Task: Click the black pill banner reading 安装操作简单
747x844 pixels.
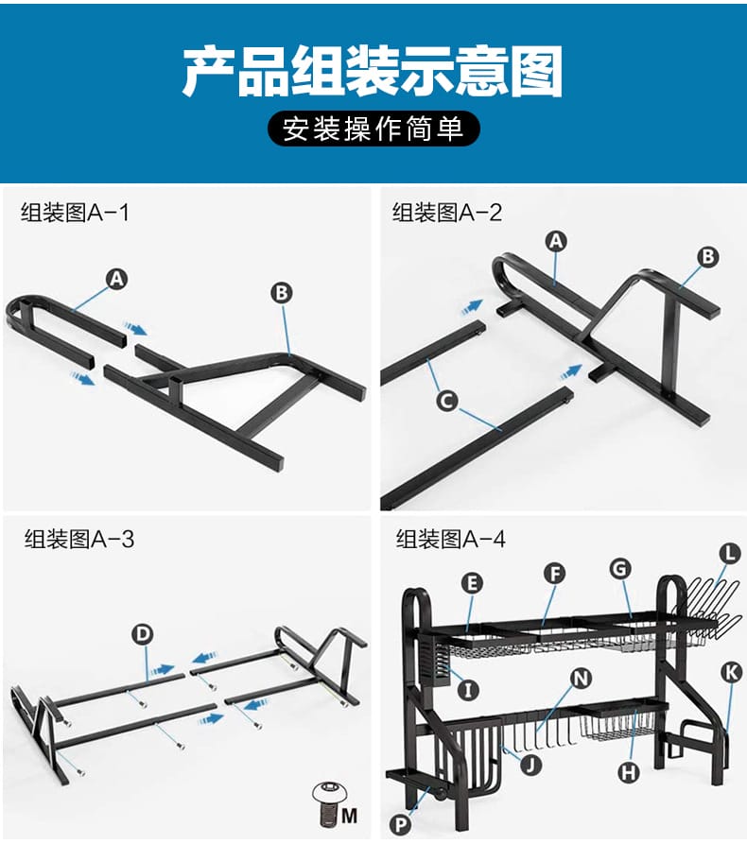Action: [373, 129]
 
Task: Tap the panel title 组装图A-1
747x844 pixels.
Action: [75, 212]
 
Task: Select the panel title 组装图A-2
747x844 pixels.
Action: [447, 212]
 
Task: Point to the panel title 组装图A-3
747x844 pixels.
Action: [78, 539]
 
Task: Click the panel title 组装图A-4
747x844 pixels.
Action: [451, 539]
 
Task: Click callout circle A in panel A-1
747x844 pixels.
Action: [116, 280]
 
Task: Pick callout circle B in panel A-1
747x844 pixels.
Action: [282, 293]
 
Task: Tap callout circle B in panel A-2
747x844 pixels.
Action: [708, 257]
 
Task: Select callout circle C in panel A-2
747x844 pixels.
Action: [447, 401]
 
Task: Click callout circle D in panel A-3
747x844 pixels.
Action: [142, 634]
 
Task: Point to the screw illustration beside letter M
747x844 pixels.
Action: [327, 803]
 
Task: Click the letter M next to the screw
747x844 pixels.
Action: [349, 816]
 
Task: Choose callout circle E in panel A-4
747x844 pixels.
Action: [473, 583]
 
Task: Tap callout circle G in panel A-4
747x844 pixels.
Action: [620, 568]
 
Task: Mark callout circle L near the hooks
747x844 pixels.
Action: [730, 553]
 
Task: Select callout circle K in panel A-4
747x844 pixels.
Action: [731, 672]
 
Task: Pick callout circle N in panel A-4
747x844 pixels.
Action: [582, 679]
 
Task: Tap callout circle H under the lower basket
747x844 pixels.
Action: [628, 772]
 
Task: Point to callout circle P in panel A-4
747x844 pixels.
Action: [401, 824]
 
